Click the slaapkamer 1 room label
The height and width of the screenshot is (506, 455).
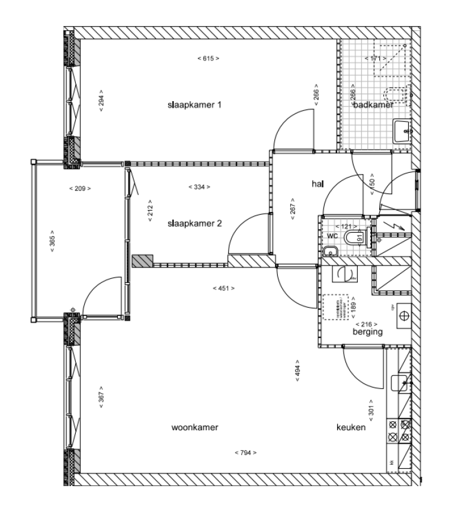tap(194, 105)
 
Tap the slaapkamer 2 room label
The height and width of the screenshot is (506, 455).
tap(194, 224)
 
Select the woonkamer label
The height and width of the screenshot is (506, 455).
tap(195, 427)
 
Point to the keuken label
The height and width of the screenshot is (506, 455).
tap(351, 427)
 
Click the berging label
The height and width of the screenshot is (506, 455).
tap(367, 332)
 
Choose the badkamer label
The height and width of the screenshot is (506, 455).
tap(373, 105)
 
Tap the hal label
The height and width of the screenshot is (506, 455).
tap(318, 184)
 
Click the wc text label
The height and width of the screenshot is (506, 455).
tap(332, 236)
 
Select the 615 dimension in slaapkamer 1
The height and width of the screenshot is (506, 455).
tap(208, 59)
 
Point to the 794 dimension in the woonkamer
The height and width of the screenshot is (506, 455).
tap(245, 453)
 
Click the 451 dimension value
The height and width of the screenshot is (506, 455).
tap(223, 288)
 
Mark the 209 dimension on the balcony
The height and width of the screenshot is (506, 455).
tap(80, 189)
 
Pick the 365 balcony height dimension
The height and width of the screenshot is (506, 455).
tap(52, 241)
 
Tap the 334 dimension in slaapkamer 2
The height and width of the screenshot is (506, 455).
tap(199, 187)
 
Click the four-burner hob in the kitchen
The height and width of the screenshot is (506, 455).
tap(399, 430)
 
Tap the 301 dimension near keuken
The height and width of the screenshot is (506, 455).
tap(372, 409)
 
